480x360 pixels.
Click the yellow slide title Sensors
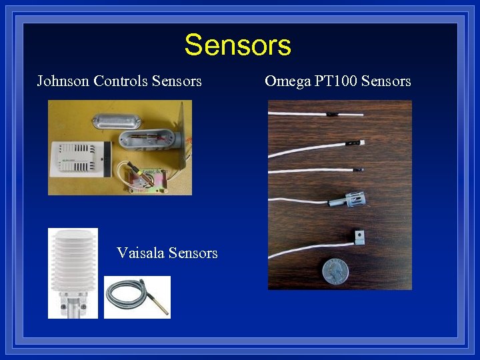[238, 45]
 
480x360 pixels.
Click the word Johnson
[63, 81]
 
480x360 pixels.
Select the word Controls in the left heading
[121, 81]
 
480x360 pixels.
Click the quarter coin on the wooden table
[335, 272]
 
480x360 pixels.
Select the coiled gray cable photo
[137, 297]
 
